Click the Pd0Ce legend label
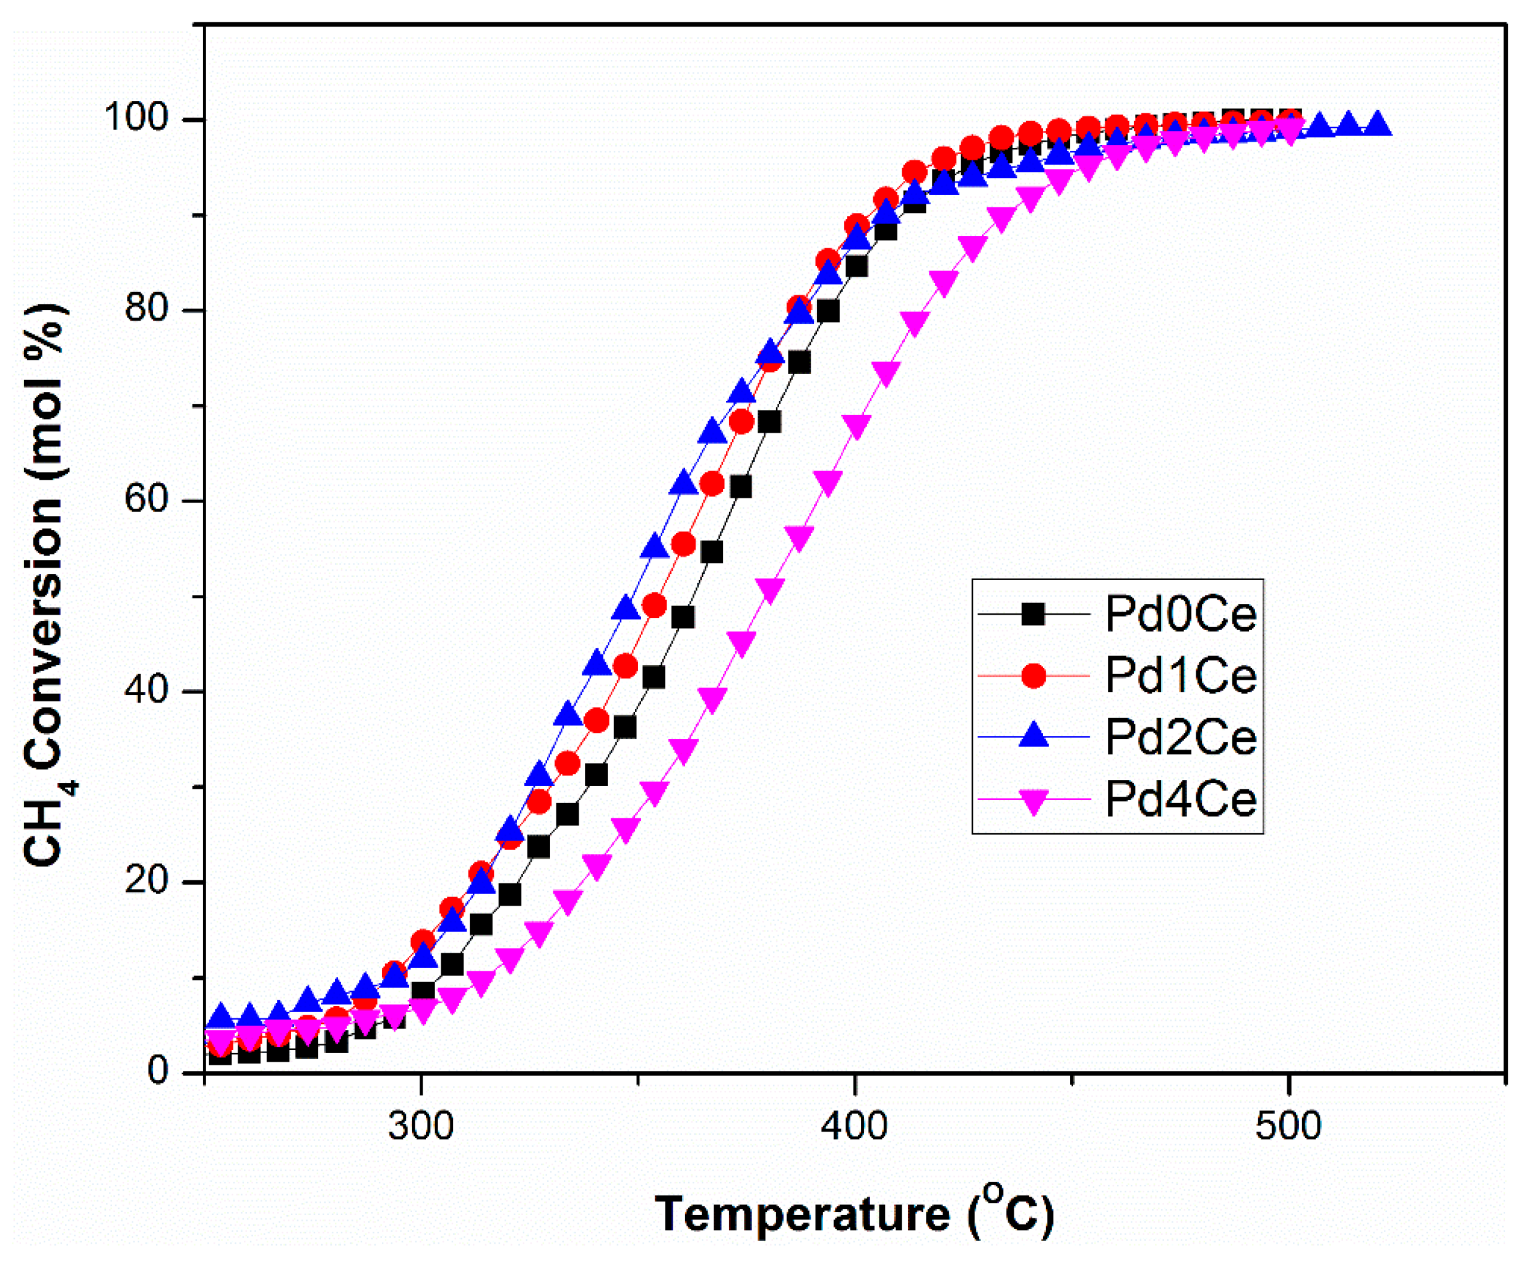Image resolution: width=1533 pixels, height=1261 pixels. pos(1181,614)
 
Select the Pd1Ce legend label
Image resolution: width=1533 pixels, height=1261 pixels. pos(1181,675)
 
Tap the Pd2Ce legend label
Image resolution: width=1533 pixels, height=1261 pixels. pos(1181,737)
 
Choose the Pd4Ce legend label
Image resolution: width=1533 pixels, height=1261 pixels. pos(1181,799)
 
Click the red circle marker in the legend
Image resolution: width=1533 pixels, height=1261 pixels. pos(1034,675)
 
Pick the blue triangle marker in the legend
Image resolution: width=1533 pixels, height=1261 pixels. pos(1034,737)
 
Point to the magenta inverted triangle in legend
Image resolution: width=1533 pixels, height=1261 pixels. pos(1034,800)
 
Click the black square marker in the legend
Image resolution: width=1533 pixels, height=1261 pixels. pos(1034,614)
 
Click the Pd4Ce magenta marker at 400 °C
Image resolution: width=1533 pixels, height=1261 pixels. pos(857,427)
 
